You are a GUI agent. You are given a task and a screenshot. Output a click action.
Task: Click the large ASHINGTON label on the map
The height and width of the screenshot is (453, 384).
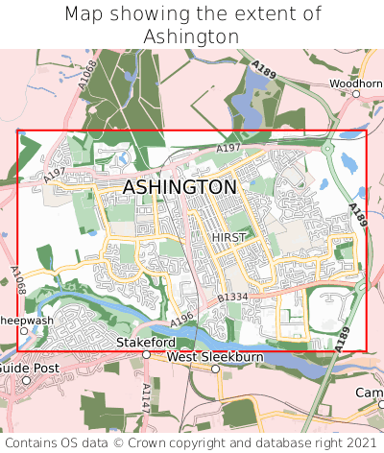click(x=180, y=187)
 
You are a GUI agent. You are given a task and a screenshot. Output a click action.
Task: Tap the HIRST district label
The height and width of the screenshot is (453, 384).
click(x=228, y=237)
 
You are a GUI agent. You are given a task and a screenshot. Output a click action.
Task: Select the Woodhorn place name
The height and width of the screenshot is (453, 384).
click(x=356, y=83)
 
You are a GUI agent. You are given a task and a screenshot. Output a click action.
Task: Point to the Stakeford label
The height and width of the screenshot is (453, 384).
click(x=145, y=342)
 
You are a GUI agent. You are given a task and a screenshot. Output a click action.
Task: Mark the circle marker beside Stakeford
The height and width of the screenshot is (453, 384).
click(x=146, y=354)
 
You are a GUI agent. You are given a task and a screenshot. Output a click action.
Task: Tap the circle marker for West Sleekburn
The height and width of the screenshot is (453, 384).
click(x=161, y=357)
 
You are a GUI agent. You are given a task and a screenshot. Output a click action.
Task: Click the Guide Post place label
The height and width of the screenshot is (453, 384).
click(x=28, y=368)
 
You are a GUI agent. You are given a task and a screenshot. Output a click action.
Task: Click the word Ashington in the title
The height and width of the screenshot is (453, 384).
click(x=191, y=36)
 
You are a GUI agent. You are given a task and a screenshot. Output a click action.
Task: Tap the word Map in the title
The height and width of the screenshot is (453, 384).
click(x=84, y=14)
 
